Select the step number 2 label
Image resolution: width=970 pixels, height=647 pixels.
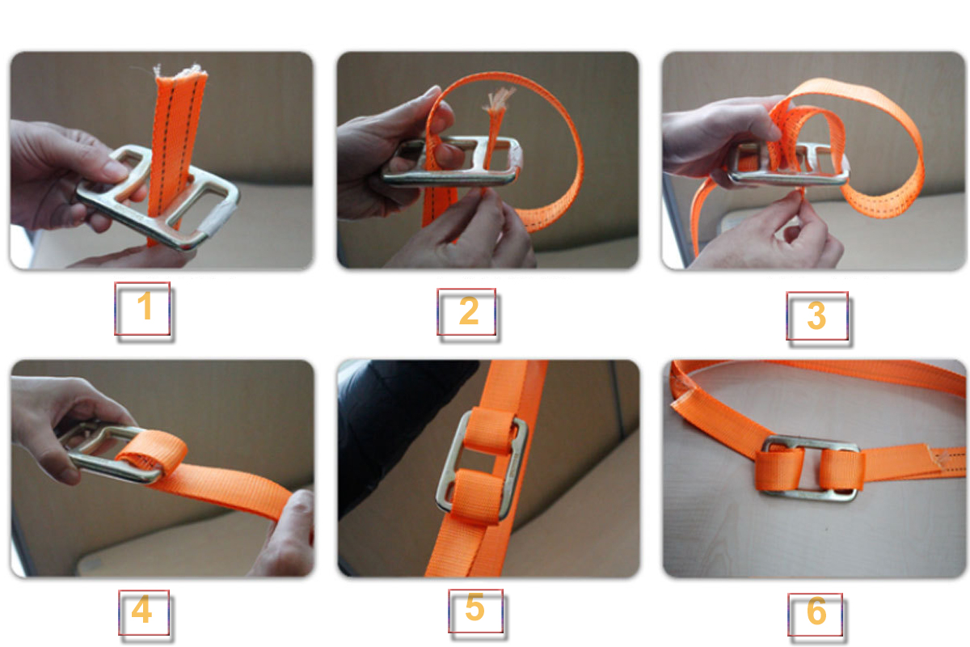coord(466,312)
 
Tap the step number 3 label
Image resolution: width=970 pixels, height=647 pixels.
coord(816,316)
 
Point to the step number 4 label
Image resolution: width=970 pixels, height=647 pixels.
coord(144,612)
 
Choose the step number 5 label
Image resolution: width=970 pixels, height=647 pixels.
coord(475,611)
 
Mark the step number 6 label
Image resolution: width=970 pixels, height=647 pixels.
coord(815,614)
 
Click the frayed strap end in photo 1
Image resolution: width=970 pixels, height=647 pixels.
coord(179,71)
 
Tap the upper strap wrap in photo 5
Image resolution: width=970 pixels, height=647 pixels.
coord(491,430)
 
